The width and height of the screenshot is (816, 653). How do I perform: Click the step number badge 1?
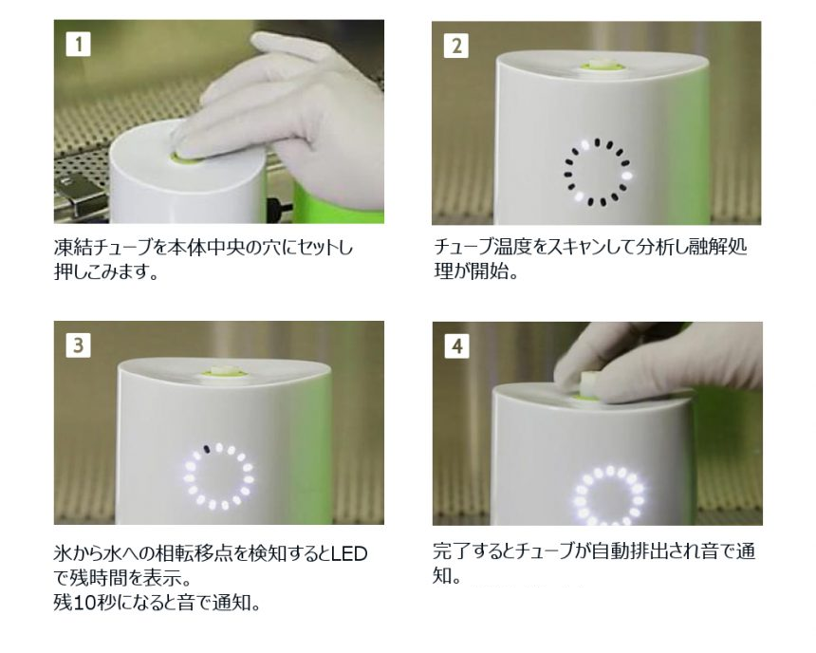pyautogui.click(x=79, y=44)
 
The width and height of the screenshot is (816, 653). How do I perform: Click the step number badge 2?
pyautogui.click(x=456, y=46)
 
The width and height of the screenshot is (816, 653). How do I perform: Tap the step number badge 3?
pyautogui.click(x=79, y=345)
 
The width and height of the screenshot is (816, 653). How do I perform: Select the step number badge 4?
pyautogui.click(x=457, y=346)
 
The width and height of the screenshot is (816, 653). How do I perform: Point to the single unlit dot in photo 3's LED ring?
pyautogui.click(x=207, y=449)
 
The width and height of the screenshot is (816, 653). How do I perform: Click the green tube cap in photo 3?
pyautogui.click(x=223, y=373)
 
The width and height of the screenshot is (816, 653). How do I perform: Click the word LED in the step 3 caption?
pyautogui.click(x=349, y=554)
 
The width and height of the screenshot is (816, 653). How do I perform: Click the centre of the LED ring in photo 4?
pyautogui.click(x=608, y=495)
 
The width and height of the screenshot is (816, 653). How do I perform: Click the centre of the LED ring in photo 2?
pyautogui.click(x=597, y=172)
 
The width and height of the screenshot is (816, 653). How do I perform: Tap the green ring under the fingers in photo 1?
pyautogui.click(x=185, y=157)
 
